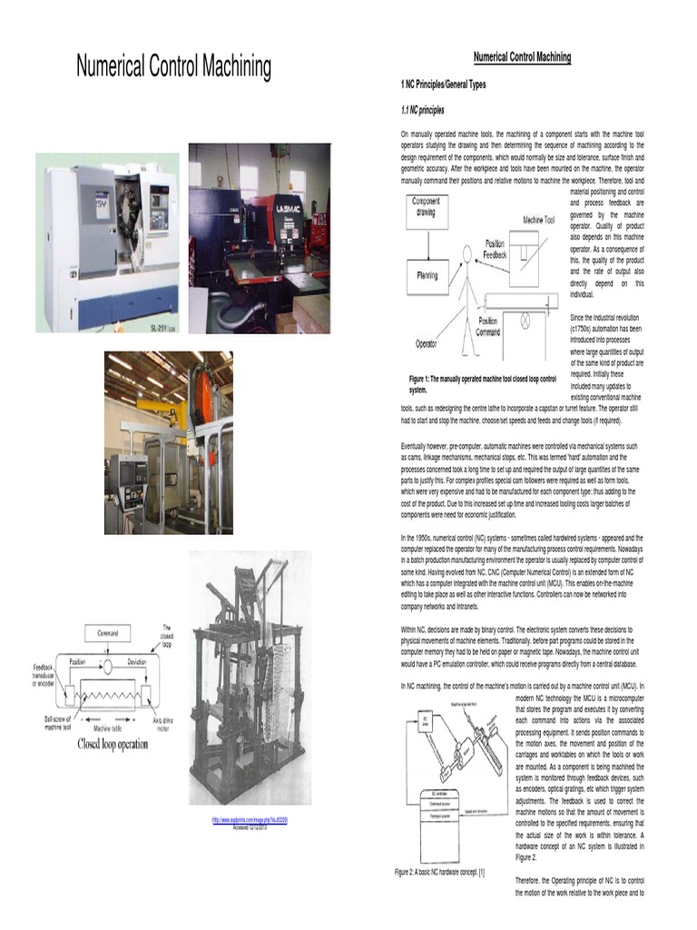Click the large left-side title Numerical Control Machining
point(173,66)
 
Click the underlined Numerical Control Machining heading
point(522,57)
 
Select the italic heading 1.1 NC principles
point(422,110)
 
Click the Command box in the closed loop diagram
point(113,633)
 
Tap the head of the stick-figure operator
point(467,252)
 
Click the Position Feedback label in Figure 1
point(495,250)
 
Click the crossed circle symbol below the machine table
point(523,319)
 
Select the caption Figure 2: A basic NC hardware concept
point(439,873)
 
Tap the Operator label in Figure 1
point(426,343)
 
